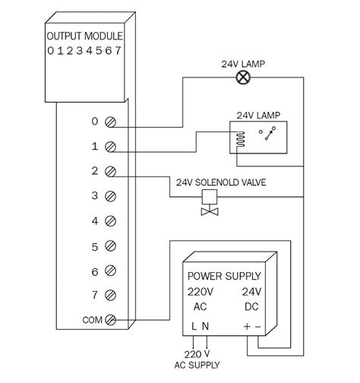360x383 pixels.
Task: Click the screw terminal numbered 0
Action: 112,122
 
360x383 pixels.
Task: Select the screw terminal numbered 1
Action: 112,146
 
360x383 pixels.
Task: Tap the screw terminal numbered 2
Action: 112,171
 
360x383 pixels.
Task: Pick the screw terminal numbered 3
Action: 112,196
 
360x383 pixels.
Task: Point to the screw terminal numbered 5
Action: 112,246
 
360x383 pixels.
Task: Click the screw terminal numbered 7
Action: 112,295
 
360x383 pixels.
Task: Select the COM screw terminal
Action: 112,319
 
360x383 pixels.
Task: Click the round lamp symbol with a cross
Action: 244,76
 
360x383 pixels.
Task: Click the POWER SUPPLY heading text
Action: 224,276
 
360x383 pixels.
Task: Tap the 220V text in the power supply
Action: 201,291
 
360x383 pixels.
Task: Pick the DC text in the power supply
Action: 253,306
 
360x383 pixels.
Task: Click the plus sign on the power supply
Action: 246,326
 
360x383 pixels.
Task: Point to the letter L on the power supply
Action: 193,326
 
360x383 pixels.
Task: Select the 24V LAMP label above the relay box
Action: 258,116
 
